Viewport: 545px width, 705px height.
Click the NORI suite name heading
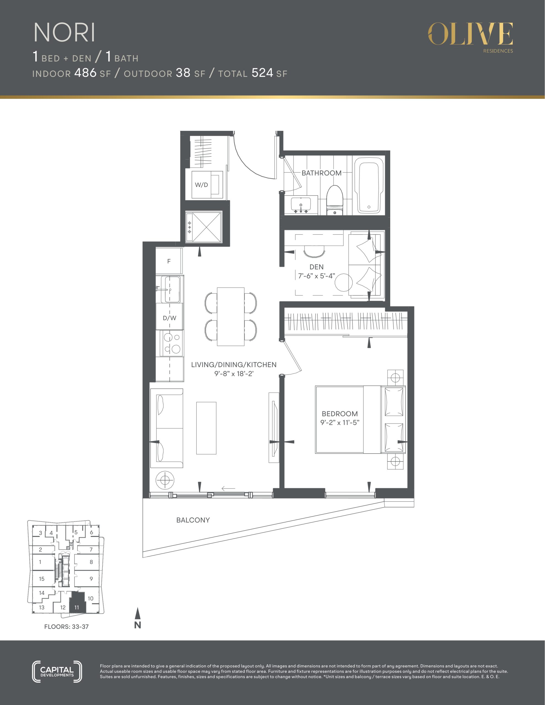coord(64,32)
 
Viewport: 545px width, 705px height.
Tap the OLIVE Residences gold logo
coord(470,37)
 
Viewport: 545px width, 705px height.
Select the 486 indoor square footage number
coord(85,73)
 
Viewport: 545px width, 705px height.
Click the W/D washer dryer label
coord(201,185)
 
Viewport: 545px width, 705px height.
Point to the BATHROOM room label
coord(322,173)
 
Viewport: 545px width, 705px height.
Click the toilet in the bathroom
coord(335,200)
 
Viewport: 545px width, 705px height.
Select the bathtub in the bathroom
coord(369,185)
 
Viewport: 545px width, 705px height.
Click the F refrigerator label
coord(169,261)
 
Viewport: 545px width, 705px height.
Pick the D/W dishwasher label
coord(170,318)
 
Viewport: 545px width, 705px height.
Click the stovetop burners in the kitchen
coord(172,343)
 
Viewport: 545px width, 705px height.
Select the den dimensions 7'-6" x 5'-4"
coord(316,276)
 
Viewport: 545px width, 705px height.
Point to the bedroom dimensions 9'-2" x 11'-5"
coord(340,422)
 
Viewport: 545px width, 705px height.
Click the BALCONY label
coord(193,520)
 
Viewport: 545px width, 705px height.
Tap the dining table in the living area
coord(231,317)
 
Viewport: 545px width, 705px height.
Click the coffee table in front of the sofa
coord(206,428)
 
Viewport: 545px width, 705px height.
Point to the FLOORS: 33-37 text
coord(66,627)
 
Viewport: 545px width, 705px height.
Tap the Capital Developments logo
coord(57,671)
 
